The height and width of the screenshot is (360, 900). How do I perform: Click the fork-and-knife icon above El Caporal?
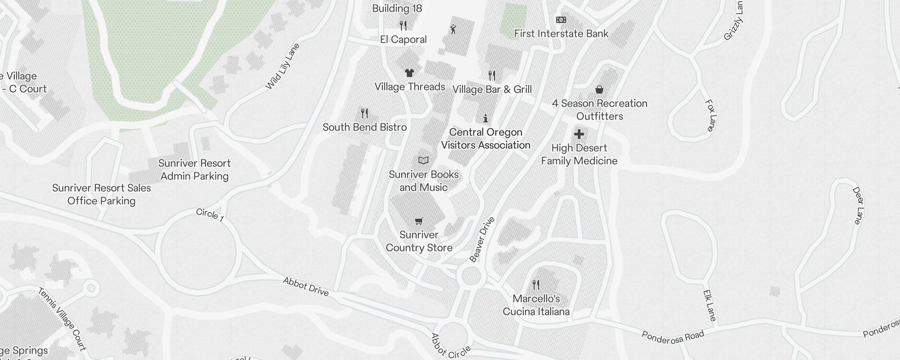[403, 26]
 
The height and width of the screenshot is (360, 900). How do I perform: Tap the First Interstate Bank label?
[561, 34]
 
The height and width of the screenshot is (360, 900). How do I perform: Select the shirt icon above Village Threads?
[409, 73]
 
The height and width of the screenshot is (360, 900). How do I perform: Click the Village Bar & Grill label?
[492, 90]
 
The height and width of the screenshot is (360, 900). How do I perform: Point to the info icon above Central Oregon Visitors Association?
[486, 119]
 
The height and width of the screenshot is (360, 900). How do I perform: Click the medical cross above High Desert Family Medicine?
[579, 134]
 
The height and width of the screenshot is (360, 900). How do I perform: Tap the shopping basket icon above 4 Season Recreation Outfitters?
[599, 90]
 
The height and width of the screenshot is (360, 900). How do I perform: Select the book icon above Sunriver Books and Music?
[423, 161]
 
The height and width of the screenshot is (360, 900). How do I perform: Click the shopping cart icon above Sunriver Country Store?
[419, 221]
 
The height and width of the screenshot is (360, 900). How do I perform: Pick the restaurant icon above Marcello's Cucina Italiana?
[535, 285]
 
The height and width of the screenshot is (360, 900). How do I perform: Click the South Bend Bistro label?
[364, 127]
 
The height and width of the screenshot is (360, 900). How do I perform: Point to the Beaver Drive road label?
[482, 239]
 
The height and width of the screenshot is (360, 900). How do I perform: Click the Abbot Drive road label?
[306, 287]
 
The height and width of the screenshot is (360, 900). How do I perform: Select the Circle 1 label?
[210, 215]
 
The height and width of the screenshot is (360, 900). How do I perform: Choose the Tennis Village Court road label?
[62, 319]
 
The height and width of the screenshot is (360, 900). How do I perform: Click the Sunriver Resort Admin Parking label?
[194, 170]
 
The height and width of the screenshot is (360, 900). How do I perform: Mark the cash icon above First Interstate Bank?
[561, 20]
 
